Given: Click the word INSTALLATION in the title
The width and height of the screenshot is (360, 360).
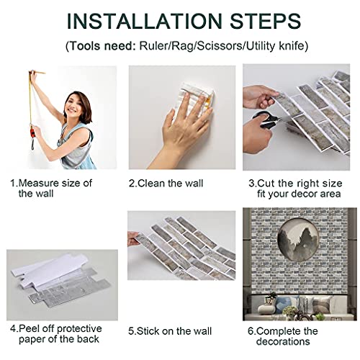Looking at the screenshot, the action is [145, 21].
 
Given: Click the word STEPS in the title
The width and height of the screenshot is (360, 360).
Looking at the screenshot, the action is [266, 21].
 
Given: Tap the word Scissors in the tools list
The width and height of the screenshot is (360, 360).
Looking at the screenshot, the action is [219, 45].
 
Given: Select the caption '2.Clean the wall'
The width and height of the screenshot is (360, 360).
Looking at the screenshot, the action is [166, 184].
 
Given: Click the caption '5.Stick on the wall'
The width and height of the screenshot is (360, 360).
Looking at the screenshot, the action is [170, 331].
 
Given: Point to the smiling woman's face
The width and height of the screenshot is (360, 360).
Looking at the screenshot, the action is [76, 106].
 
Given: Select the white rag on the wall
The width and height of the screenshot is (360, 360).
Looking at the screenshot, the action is [196, 99].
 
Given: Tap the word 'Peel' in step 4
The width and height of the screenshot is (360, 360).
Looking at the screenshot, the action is [27, 328].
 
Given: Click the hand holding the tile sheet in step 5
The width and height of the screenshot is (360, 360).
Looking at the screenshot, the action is [133, 238].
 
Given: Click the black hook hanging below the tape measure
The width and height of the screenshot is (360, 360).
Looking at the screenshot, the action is [32, 145].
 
